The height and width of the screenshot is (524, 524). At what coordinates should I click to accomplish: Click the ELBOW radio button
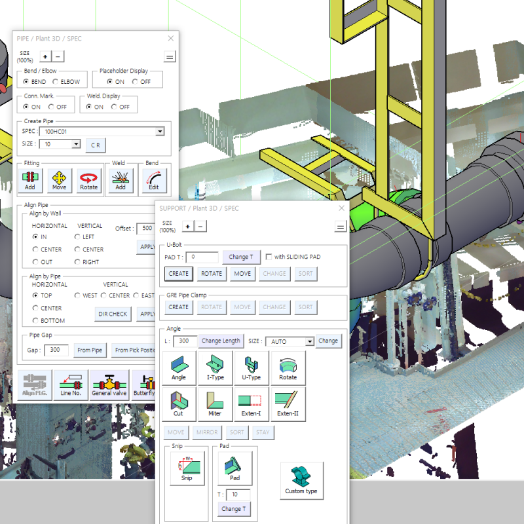pos(56,82)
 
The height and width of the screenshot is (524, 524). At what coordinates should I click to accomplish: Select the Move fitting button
pos(60,179)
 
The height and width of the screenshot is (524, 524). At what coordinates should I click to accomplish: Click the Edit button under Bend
pos(154,179)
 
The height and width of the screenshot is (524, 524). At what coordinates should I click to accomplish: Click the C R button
pos(95,145)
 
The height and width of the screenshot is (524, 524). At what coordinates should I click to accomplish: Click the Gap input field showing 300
pos(56,350)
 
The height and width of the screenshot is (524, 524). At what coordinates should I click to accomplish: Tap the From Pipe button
pos(90,350)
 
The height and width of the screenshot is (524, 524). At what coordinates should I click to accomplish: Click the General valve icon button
pos(109,384)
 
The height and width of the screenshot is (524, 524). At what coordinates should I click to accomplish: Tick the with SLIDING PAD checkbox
pos(269,257)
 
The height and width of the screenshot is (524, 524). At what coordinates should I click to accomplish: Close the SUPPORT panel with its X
pos(341,208)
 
